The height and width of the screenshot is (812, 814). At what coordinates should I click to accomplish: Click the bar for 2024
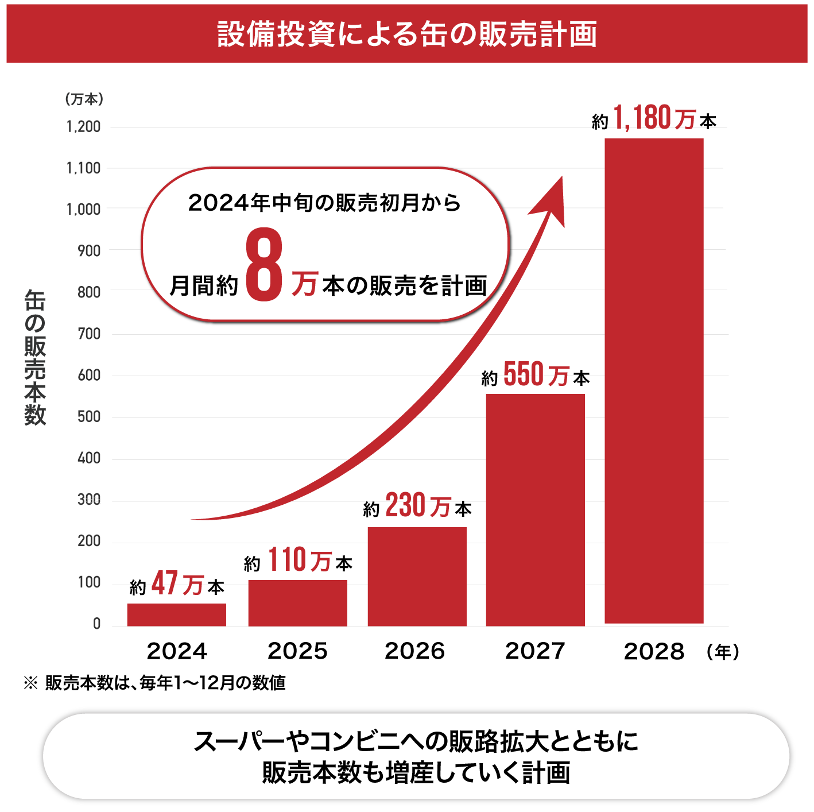[x=176, y=614]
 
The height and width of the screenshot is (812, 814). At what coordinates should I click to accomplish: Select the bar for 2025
[x=297, y=603]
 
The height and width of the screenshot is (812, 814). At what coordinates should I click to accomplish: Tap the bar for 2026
[x=417, y=577]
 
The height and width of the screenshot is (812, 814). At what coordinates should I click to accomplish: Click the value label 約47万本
[x=177, y=585]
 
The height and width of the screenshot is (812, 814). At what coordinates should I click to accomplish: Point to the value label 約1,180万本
[x=654, y=118]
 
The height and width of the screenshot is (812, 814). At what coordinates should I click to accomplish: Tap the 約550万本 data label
[x=535, y=376]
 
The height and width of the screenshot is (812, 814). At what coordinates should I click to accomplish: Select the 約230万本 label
[x=417, y=506]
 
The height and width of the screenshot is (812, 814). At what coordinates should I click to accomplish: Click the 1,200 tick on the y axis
[x=84, y=127]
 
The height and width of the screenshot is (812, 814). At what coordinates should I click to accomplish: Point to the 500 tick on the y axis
[x=89, y=417]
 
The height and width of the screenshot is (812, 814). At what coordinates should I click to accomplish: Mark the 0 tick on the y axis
[x=96, y=624]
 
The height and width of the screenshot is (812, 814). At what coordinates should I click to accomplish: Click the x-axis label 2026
[x=414, y=651]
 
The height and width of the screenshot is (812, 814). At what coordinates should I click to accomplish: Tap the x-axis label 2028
[x=654, y=652]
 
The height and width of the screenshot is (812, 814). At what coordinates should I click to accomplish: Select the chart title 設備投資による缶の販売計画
[x=407, y=34]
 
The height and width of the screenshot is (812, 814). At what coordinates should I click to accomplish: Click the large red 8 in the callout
[x=264, y=264]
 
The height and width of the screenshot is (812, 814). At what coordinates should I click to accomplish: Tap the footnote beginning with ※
[x=155, y=683]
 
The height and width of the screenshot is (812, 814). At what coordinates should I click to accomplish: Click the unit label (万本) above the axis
[x=84, y=99]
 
